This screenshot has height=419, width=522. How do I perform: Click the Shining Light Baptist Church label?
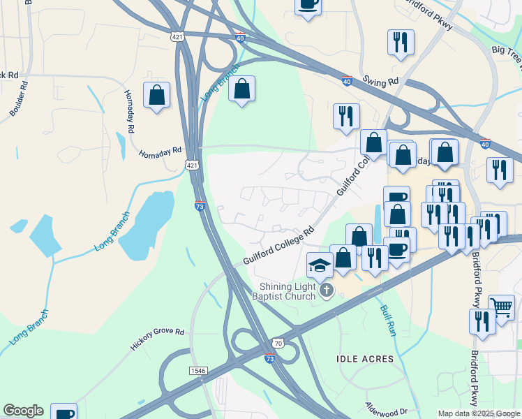[x=288, y=292]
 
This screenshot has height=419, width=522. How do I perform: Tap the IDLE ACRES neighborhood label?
[x=365, y=359]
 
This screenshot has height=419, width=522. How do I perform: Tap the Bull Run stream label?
[x=388, y=321]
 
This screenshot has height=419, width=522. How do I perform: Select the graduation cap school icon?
[x=320, y=264]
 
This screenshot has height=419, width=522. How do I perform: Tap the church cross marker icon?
[x=327, y=290]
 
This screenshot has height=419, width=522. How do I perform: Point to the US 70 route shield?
[x=278, y=344]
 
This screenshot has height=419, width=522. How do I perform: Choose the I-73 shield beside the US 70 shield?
[x=270, y=358]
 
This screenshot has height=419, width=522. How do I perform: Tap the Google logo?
[x=23, y=411]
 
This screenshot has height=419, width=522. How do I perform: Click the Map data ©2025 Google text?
[x=479, y=413]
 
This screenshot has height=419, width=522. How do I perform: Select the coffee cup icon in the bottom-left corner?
[x=64, y=412]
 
